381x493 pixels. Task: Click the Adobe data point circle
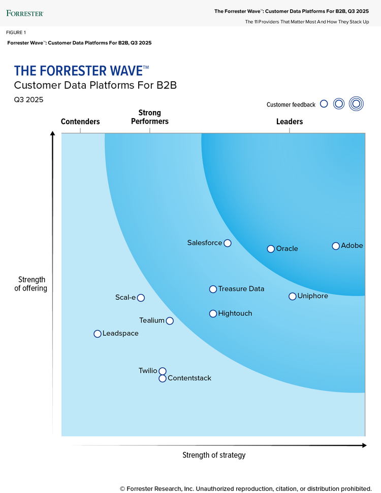(336, 246)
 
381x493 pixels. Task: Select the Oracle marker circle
(271, 249)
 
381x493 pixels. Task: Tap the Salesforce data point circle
(228, 243)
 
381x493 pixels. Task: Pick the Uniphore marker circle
(293, 296)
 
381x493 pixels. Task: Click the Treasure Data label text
(241, 289)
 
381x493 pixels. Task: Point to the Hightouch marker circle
(213, 313)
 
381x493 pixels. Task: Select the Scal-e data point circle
(141, 298)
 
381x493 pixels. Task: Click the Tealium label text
(152, 321)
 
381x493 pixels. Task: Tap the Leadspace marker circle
(98, 334)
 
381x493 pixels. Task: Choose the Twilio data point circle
(163, 371)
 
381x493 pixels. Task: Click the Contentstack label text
(189, 378)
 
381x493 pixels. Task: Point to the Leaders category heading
(290, 122)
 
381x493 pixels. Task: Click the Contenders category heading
(80, 122)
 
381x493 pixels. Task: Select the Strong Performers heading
(149, 117)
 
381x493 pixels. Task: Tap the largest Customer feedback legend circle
(357, 104)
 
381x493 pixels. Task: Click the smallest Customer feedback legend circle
(324, 104)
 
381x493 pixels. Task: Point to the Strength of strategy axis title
(214, 455)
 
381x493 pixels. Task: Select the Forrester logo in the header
(25, 13)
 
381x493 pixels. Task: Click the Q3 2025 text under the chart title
(28, 99)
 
